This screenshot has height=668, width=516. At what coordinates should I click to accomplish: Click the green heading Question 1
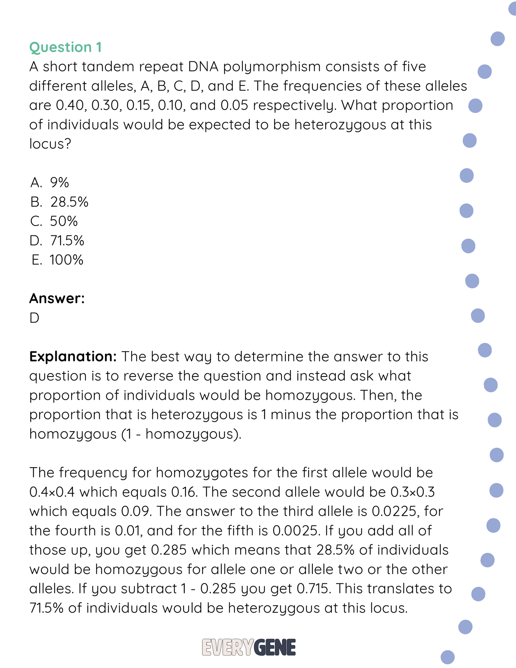click(x=65, y=47)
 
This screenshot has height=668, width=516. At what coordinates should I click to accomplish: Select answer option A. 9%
click(x=50, y=183)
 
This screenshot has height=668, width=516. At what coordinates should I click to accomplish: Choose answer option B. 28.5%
click(x=59, y=202)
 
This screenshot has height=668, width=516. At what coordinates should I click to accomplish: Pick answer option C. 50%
click(x=54, y=221)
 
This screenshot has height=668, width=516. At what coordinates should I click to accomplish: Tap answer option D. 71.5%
click(x=57, y=240)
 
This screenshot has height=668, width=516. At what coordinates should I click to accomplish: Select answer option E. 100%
click(x=57, y=260)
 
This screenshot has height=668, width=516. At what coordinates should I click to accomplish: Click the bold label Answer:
click(x=57, y=298)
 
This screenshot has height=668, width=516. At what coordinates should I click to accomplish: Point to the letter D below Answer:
click(x=34, y=318)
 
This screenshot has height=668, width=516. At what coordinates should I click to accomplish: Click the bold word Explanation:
click(x=73, y=357)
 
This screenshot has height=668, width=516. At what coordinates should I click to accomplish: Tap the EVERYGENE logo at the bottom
click(x=249, y=647)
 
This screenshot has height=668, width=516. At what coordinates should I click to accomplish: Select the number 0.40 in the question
click(x=71, y=105)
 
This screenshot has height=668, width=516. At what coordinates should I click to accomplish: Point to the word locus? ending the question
click(x=50, y=144)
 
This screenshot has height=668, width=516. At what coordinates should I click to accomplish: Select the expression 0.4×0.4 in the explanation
click(x=52, y=492)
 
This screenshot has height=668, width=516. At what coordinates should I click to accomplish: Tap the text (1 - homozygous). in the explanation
click(x=181, y=434)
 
